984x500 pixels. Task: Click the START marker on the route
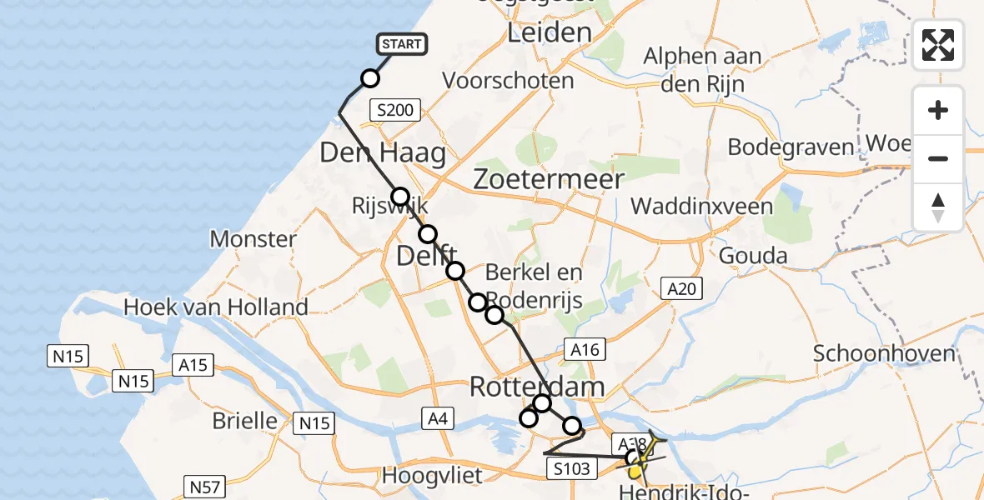402,44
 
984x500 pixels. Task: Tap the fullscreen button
938,45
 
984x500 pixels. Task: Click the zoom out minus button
938,159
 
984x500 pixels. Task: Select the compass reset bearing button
938,207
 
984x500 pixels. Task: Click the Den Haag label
383,153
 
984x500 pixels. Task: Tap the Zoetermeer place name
548,180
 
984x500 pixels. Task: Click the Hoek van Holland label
216,307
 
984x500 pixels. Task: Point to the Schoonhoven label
883,353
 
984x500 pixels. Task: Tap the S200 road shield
395,109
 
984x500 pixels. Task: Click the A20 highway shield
681,289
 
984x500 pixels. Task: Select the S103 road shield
573,470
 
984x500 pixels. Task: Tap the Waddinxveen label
702,206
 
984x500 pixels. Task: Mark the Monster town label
253,239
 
